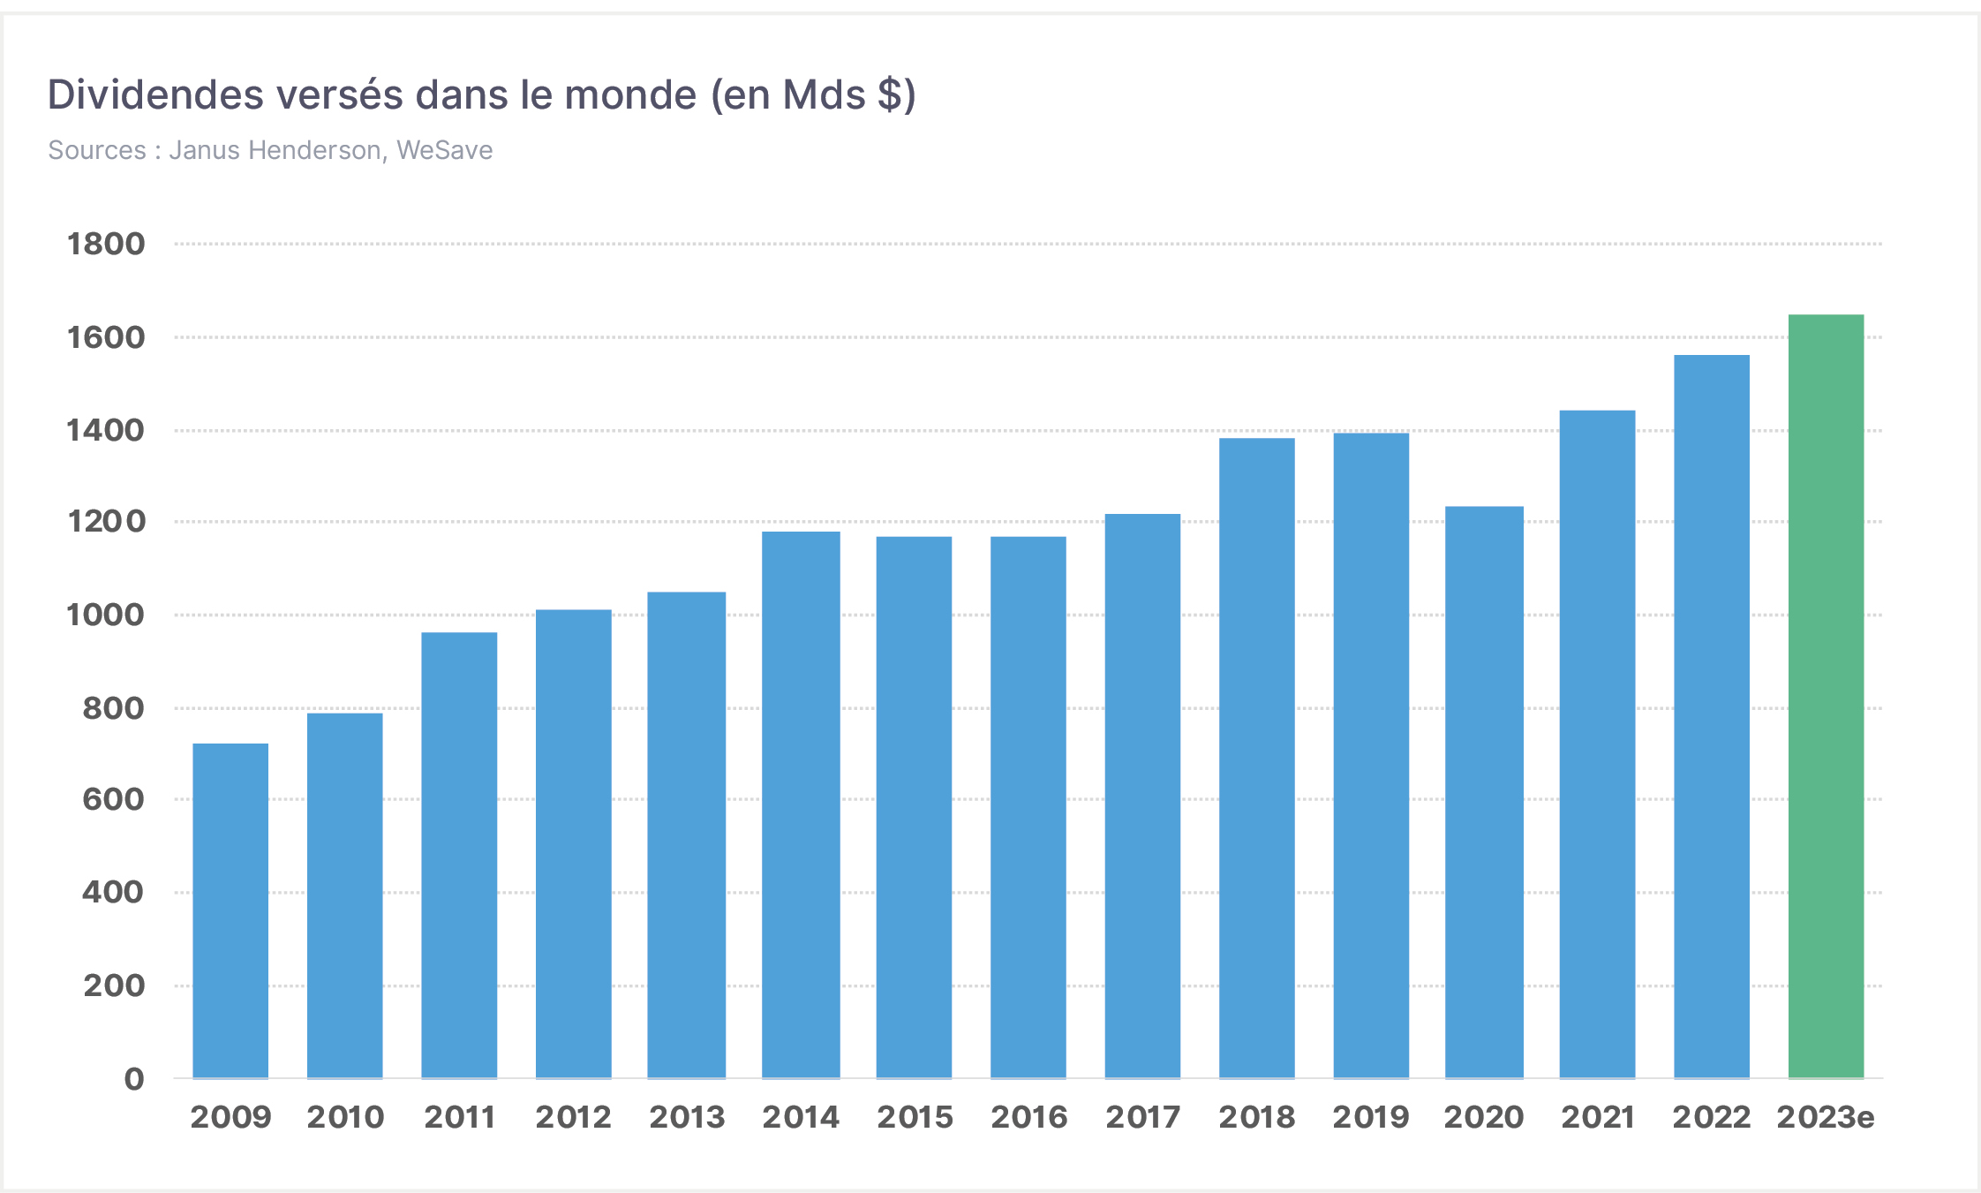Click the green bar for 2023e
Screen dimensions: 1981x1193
[1826, 696]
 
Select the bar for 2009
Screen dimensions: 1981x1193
[230, 910]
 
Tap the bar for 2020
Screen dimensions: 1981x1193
[1484, 792]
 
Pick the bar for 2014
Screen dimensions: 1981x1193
[801, 804]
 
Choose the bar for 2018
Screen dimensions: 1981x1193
[1257, 758]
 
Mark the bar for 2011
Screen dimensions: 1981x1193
[459, 855]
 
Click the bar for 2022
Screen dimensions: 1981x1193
[1712, 716]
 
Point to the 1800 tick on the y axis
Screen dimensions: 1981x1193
[106, 244]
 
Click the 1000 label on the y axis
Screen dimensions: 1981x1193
[106, 615]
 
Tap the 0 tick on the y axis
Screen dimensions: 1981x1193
[134, 1078]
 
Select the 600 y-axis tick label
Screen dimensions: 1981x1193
[113, 799]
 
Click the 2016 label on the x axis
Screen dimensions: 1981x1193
[1028, 1117]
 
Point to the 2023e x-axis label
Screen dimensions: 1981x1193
[1826, 1117]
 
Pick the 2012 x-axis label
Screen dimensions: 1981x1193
[573, 1117]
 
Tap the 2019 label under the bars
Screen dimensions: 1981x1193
[1371, 1117]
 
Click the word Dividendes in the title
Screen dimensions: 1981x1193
[155, 94]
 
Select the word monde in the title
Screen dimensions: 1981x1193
[630, 94]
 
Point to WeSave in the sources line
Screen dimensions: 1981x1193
[444, 150]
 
